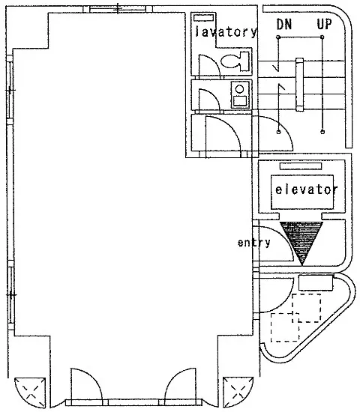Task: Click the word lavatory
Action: [x=226, y=31]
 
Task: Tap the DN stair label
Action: [x=284, y=24]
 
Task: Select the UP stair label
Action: [x=324, y=24]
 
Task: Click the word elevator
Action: [x=306, y=190]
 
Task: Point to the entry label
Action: [x=253, y=243]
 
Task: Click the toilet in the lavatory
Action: [x=235, y=61]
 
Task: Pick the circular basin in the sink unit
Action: [x=239, y=89]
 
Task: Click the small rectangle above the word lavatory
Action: [x=204, y=18]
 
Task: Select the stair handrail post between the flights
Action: [x=300, y=85]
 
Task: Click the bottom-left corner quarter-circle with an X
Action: [x=30, y=393]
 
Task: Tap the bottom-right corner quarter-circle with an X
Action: [x=238, y=392]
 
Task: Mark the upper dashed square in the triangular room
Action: [x=306, y=308]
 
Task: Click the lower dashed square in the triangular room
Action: [x=285, y=327]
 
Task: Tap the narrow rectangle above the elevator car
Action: [x=301, y=166]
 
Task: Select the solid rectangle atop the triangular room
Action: [x=316, y=282]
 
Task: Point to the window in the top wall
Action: [x=118, y=9]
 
